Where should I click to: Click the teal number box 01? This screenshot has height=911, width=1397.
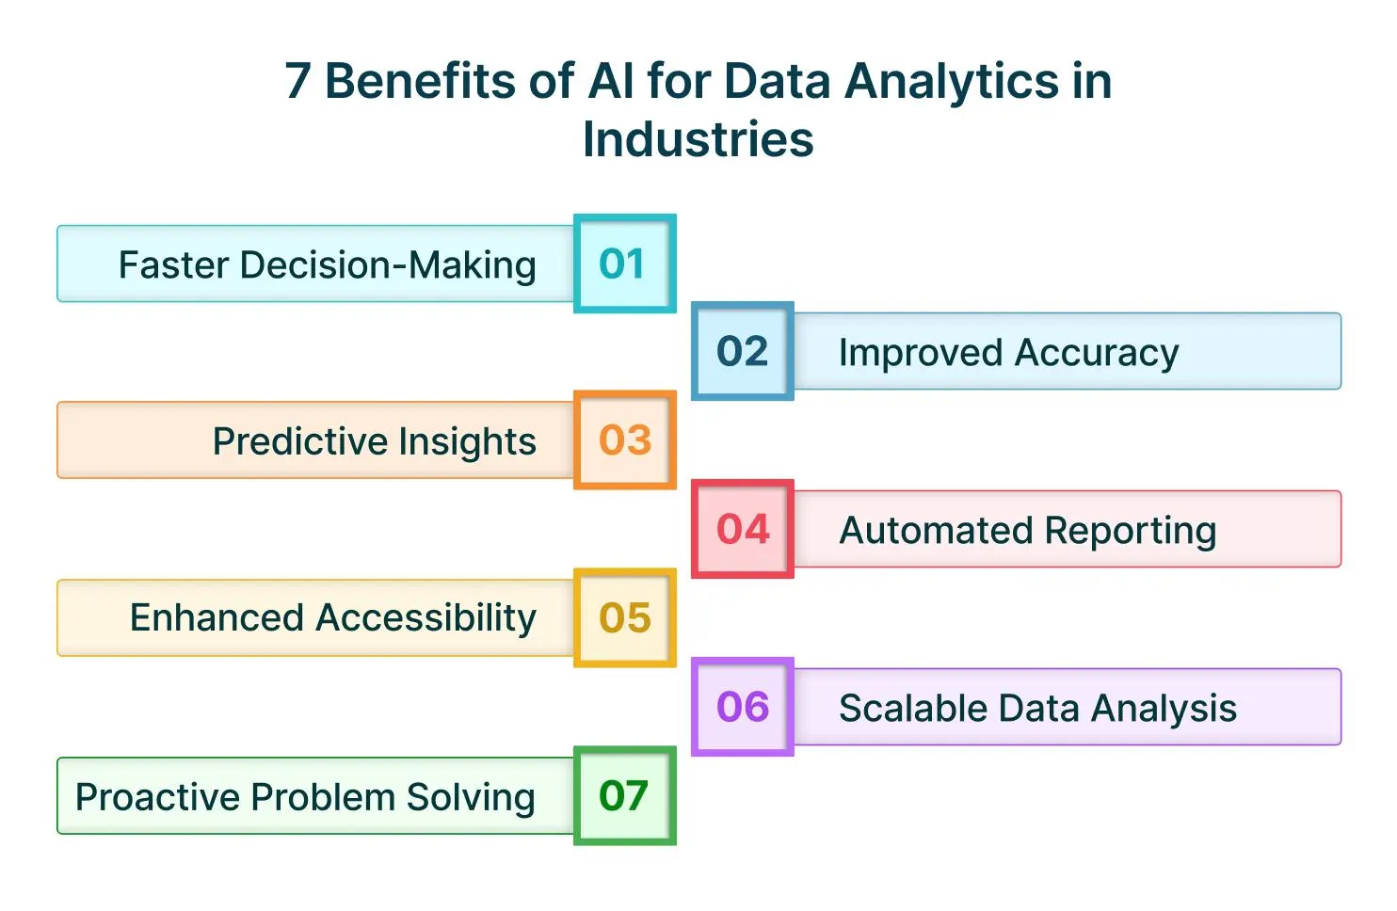624,264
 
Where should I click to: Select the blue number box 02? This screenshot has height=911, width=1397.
743,351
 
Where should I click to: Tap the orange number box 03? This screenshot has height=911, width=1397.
624,440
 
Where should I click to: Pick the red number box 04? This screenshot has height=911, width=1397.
743,529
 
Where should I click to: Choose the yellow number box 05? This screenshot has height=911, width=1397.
624,618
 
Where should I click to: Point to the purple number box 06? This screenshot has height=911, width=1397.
743,707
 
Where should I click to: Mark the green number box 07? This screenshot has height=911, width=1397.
624,796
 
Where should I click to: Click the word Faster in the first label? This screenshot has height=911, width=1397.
173,265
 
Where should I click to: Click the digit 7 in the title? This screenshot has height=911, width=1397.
297,81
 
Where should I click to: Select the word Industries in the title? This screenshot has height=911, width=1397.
698,140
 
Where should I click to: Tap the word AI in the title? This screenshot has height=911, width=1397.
611,81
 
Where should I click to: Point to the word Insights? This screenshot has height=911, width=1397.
467,441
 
